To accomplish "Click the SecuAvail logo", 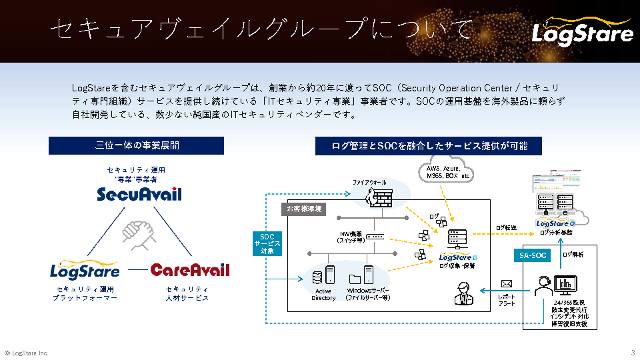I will [139, 194].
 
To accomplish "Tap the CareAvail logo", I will [190, 270].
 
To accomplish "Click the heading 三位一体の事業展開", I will [137, 145].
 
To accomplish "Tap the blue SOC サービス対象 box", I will [267, 243].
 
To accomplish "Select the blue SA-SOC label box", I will [533, 255].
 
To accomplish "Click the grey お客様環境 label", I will [303, 209].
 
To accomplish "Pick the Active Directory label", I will [323, 295].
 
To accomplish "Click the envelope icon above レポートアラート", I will [506, 283].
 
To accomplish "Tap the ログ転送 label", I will [506, 228].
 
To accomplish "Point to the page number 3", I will [632, 352].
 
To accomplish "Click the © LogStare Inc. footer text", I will [26, 353].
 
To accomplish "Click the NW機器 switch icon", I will [375, 237].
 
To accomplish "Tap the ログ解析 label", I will [573, 255].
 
